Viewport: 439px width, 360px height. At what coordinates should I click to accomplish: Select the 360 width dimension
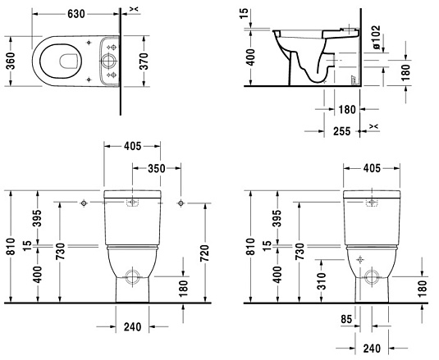[10, 62]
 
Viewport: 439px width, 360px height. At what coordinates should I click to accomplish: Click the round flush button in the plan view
[107, 61]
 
